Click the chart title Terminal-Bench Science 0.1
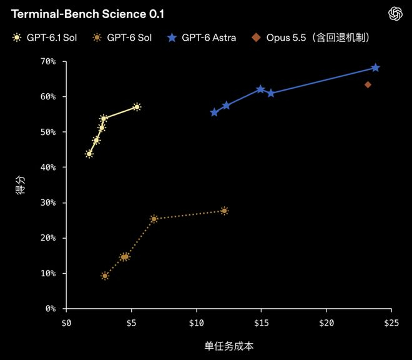[x=87, y=14]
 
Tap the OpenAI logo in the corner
[x=395, y=14]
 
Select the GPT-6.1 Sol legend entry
[x=44, y=37]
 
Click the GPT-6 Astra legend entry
[x=202, y=37]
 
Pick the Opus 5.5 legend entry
[x=311, y=37]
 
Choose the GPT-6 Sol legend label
[x=129, y=37]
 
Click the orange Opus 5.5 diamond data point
[x=368, y=84]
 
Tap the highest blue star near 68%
[x=375, y=67]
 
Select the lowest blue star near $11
[x=214, y=112]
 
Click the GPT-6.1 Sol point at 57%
[x=137, y=107]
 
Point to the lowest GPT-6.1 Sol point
[x=89, y=154]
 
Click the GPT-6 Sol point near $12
[x=224, y=211]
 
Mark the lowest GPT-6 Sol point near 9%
[x=105, y=276]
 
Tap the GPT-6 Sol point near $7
[x=154, y=219]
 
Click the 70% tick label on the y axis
[x=48, y=61]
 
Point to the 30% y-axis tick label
[x=48, y=202]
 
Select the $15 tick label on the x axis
[x=261, y=322]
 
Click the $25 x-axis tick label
[x=391, y=322]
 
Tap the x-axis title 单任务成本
[x=229, y=346]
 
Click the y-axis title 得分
[x=21, y=185]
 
